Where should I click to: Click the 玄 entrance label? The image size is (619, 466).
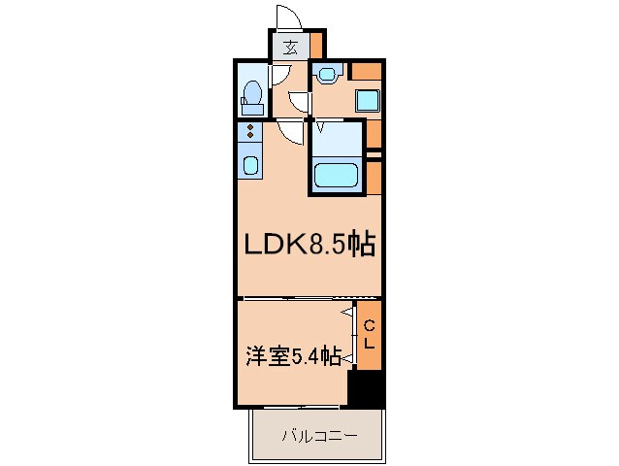point(290,46)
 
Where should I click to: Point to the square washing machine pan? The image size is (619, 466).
point(367,100)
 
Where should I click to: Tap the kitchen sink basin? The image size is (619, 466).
point(249,165)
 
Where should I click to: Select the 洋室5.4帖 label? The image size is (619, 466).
point(291,357)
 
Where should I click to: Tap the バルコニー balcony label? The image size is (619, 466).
point(319,436)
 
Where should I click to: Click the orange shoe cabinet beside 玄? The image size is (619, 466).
point(315,45)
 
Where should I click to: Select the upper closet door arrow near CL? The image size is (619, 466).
point(346,312)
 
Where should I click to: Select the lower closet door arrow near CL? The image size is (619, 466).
point(346,357)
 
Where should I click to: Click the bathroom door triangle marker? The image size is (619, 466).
point(319,124)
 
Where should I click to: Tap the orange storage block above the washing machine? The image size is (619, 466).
point(366,70)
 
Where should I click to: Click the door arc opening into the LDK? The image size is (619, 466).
point(289,131)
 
